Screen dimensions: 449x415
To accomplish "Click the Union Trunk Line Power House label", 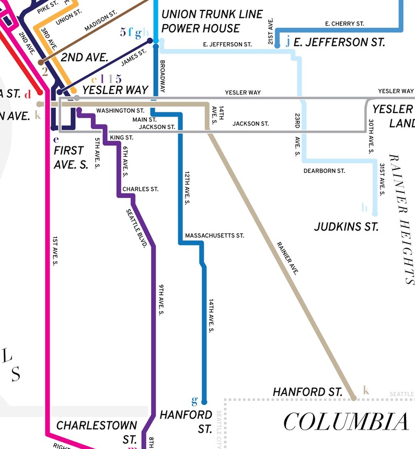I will tap(212, 21).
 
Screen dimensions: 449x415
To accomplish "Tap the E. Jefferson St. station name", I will tap(339, 42).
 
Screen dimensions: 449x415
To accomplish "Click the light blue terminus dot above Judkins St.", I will tap(375, 213).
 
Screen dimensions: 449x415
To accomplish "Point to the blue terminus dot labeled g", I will tap(204, 401).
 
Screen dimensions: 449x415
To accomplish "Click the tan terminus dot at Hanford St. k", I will tap(354, 398).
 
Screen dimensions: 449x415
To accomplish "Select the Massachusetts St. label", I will tap(214, 236).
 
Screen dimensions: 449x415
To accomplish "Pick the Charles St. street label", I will tap(140, 189).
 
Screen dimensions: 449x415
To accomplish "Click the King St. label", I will tap(122, 137).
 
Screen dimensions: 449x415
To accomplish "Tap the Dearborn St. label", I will tap(324, 171).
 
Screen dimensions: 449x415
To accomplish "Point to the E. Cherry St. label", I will tap(344, 24).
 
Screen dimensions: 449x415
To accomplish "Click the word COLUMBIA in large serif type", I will tap(346, 422).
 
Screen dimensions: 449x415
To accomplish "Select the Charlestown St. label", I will tap(97, 431).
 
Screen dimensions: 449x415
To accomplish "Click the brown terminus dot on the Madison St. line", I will tap(41, 63).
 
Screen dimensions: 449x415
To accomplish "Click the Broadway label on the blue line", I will tap(163, 77).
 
